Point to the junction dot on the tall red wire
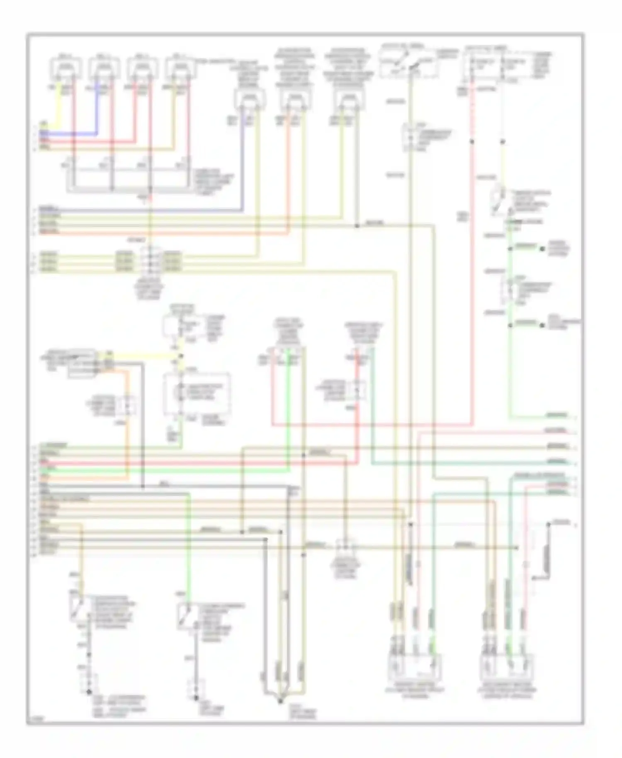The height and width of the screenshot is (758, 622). [x=472, y=142]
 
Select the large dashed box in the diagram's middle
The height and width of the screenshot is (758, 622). [x=197, y=394]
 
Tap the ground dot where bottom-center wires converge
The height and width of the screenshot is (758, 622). [x=281, y=701]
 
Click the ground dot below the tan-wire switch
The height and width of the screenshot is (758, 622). [x=89, y=692]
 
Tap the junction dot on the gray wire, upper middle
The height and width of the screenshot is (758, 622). [x=357, y=226]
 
